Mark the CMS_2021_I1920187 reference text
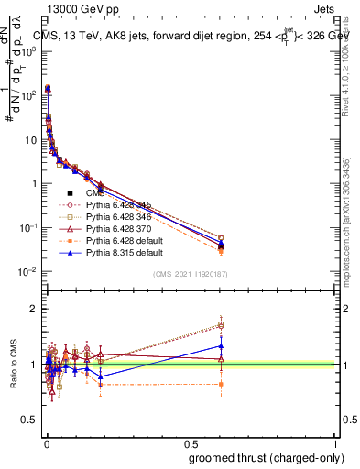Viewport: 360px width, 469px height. click(190, 273)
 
